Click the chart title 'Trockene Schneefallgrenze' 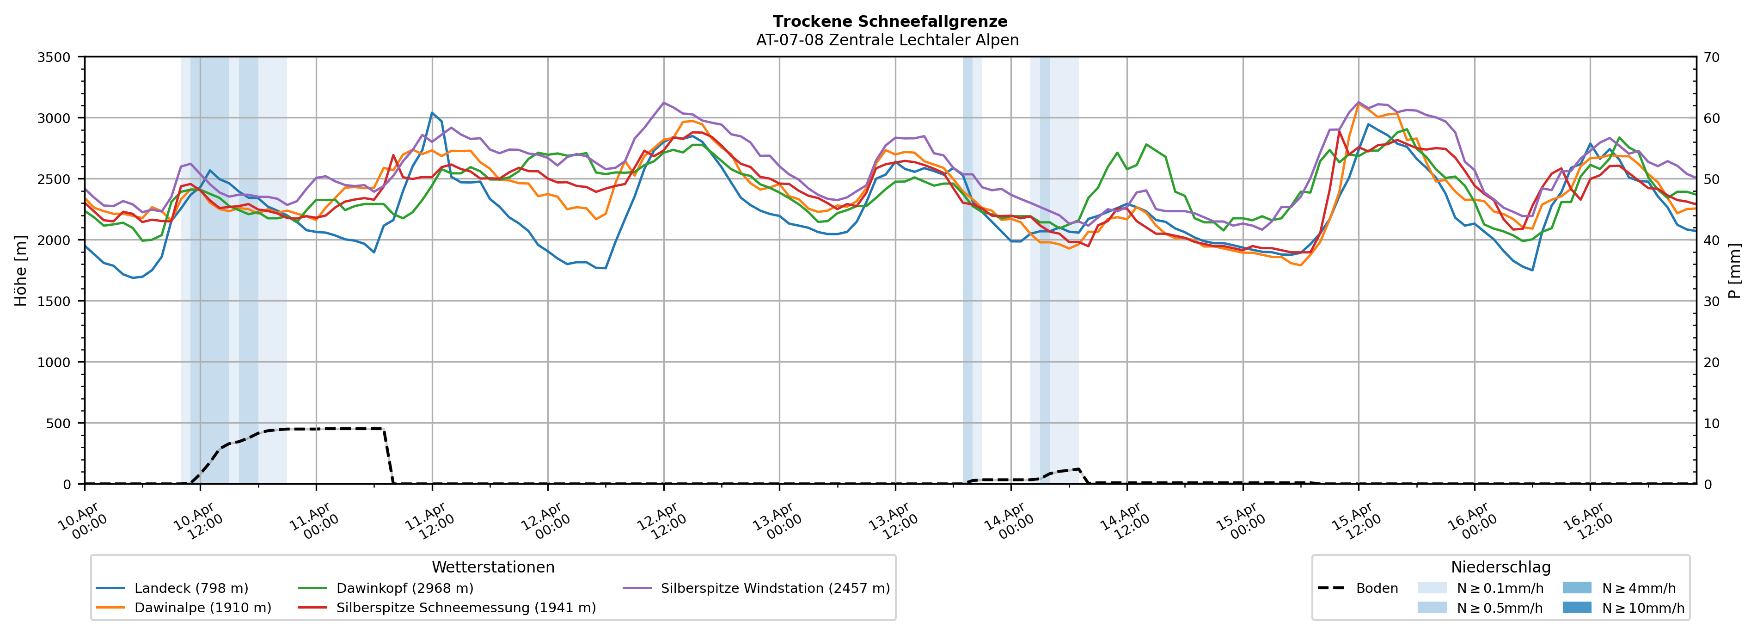tap(889, 22)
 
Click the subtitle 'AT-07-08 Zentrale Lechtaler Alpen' tap(887, 40)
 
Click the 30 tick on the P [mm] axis tap(1711, 302)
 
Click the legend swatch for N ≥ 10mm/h tap(1577, 607)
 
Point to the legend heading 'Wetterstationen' tap(493, 567)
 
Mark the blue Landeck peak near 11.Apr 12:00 tap(432, 113)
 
